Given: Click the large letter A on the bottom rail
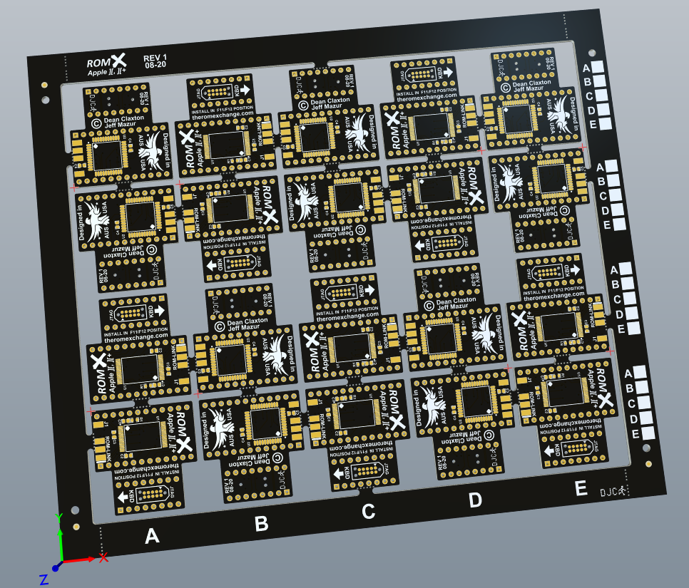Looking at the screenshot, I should pos(151,536).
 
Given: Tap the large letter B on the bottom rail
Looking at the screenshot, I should pos(261,524).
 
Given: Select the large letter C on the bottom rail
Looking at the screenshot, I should pos(368,512).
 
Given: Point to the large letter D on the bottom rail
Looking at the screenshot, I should pos(475,500).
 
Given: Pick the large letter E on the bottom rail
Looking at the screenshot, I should pos(581,488).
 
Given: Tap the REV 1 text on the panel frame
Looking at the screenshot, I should pos(155,58).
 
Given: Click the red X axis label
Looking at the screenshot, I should pos(103,557).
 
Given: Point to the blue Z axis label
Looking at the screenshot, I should pos(44,579).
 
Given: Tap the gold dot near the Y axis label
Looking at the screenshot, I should pos(76,527).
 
